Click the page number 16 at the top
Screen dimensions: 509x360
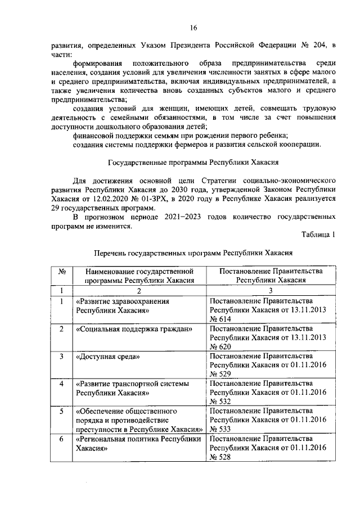point(194,28)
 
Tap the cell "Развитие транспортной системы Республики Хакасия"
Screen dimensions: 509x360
point(132,388)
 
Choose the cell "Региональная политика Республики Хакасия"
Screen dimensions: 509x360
point(138,443)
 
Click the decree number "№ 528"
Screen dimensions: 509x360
point(220,457)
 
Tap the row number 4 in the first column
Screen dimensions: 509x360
point(60,384)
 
